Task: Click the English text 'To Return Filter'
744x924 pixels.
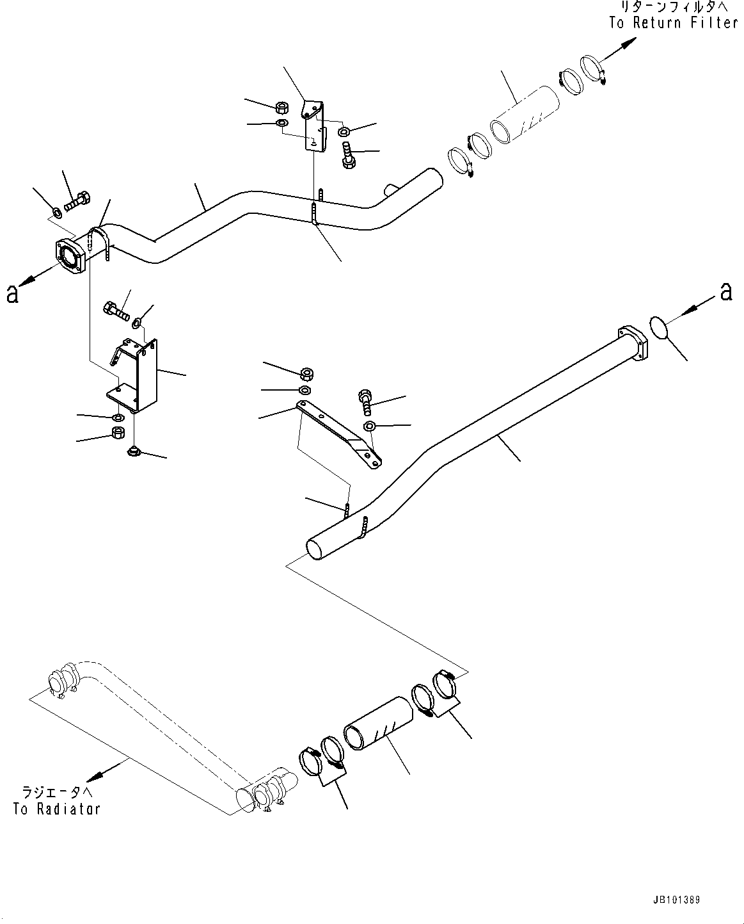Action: [x=673, y=23]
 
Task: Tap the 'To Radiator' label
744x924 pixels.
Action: [x=57, y=809]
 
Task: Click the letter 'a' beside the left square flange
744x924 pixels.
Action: [x=12, y=294]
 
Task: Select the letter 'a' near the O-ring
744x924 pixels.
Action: [x=725, y=292]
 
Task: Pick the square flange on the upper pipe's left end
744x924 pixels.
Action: [x=70, y=257]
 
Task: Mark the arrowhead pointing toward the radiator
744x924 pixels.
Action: [x=95, y=777]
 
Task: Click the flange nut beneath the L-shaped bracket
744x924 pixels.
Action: [x=134, y=452]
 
